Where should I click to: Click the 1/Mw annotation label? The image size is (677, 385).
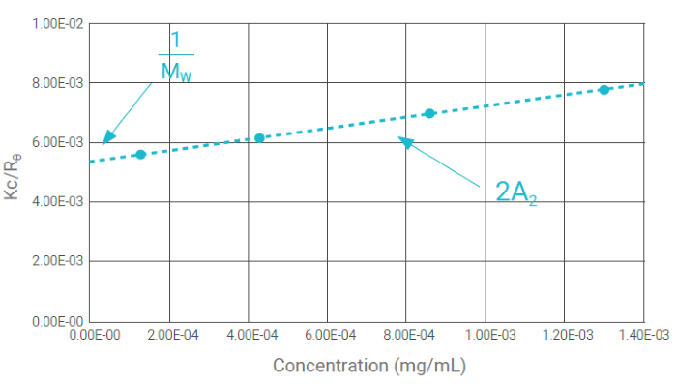(x=175, y=59)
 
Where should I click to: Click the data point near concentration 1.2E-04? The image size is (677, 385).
(x=140, y=155)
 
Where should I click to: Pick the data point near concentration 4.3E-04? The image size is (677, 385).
(x=259, y=138)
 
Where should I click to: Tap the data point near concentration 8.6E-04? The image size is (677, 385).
(x=429, y=113)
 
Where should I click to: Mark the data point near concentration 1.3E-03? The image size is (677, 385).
(x=603, y=90)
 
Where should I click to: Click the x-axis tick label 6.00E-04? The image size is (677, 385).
(x=328, y=335)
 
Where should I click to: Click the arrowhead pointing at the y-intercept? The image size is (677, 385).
(x=106, y=139)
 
